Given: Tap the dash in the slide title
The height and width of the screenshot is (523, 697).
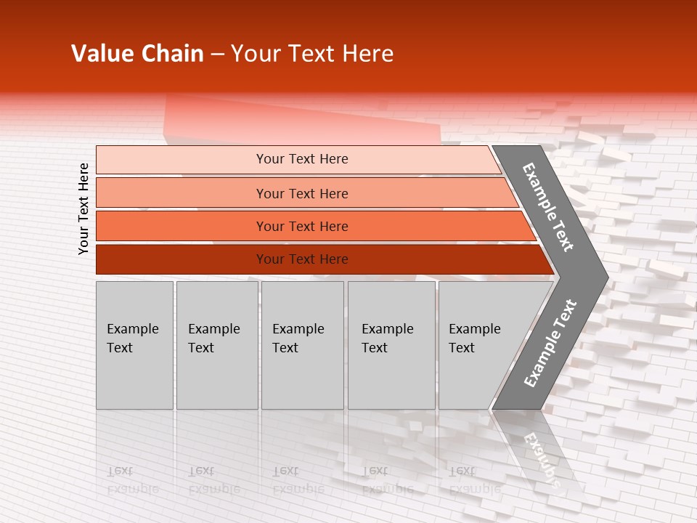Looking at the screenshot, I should click(217, 54).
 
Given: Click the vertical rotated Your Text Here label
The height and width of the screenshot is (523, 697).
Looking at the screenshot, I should click(83, 208).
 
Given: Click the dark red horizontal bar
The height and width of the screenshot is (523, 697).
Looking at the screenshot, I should click(182, 259).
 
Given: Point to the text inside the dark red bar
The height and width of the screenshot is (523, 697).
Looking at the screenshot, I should click(302, 259).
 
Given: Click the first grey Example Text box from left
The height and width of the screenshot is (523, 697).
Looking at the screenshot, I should click(134, 345).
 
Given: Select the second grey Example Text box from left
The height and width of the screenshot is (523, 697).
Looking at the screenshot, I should click(216, 345).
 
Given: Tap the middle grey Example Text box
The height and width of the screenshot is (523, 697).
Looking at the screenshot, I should click(302, 345).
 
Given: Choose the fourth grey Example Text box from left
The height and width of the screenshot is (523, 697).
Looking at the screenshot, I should click(391, 345).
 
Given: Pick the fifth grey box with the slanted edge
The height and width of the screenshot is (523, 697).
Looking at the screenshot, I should click(479, 345).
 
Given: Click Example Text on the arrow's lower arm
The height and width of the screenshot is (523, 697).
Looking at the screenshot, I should click(550, 343).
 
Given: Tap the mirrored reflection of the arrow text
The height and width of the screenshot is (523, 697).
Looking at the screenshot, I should click(541, 458).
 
